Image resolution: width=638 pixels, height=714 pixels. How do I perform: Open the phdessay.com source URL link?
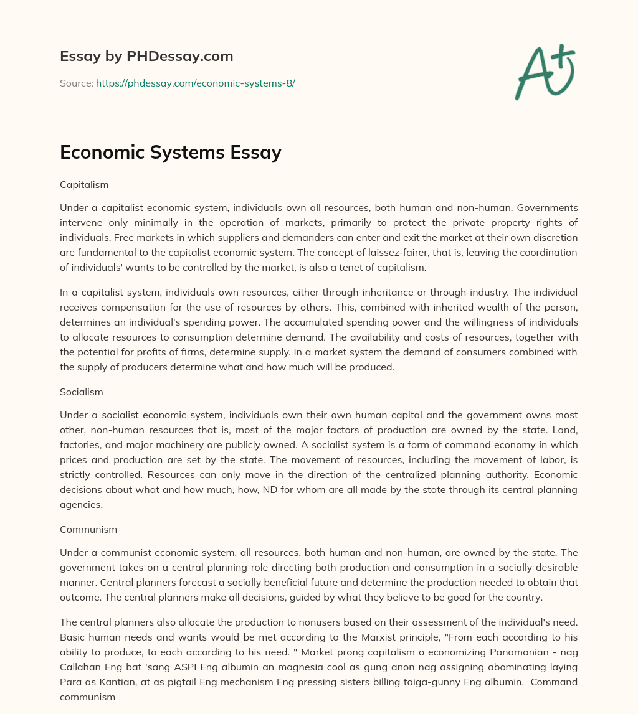(195, 83)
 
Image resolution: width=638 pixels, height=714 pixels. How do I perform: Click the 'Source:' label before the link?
(77, 83)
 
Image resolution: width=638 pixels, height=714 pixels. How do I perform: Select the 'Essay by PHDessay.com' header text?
(146, 57)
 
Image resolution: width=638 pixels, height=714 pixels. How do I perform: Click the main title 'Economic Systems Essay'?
(171, 153)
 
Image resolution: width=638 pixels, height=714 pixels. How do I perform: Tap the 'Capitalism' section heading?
(84, 185)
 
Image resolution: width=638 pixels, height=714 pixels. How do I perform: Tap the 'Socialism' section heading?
(82, 392)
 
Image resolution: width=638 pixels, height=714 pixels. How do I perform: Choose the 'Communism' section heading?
(88, 530)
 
